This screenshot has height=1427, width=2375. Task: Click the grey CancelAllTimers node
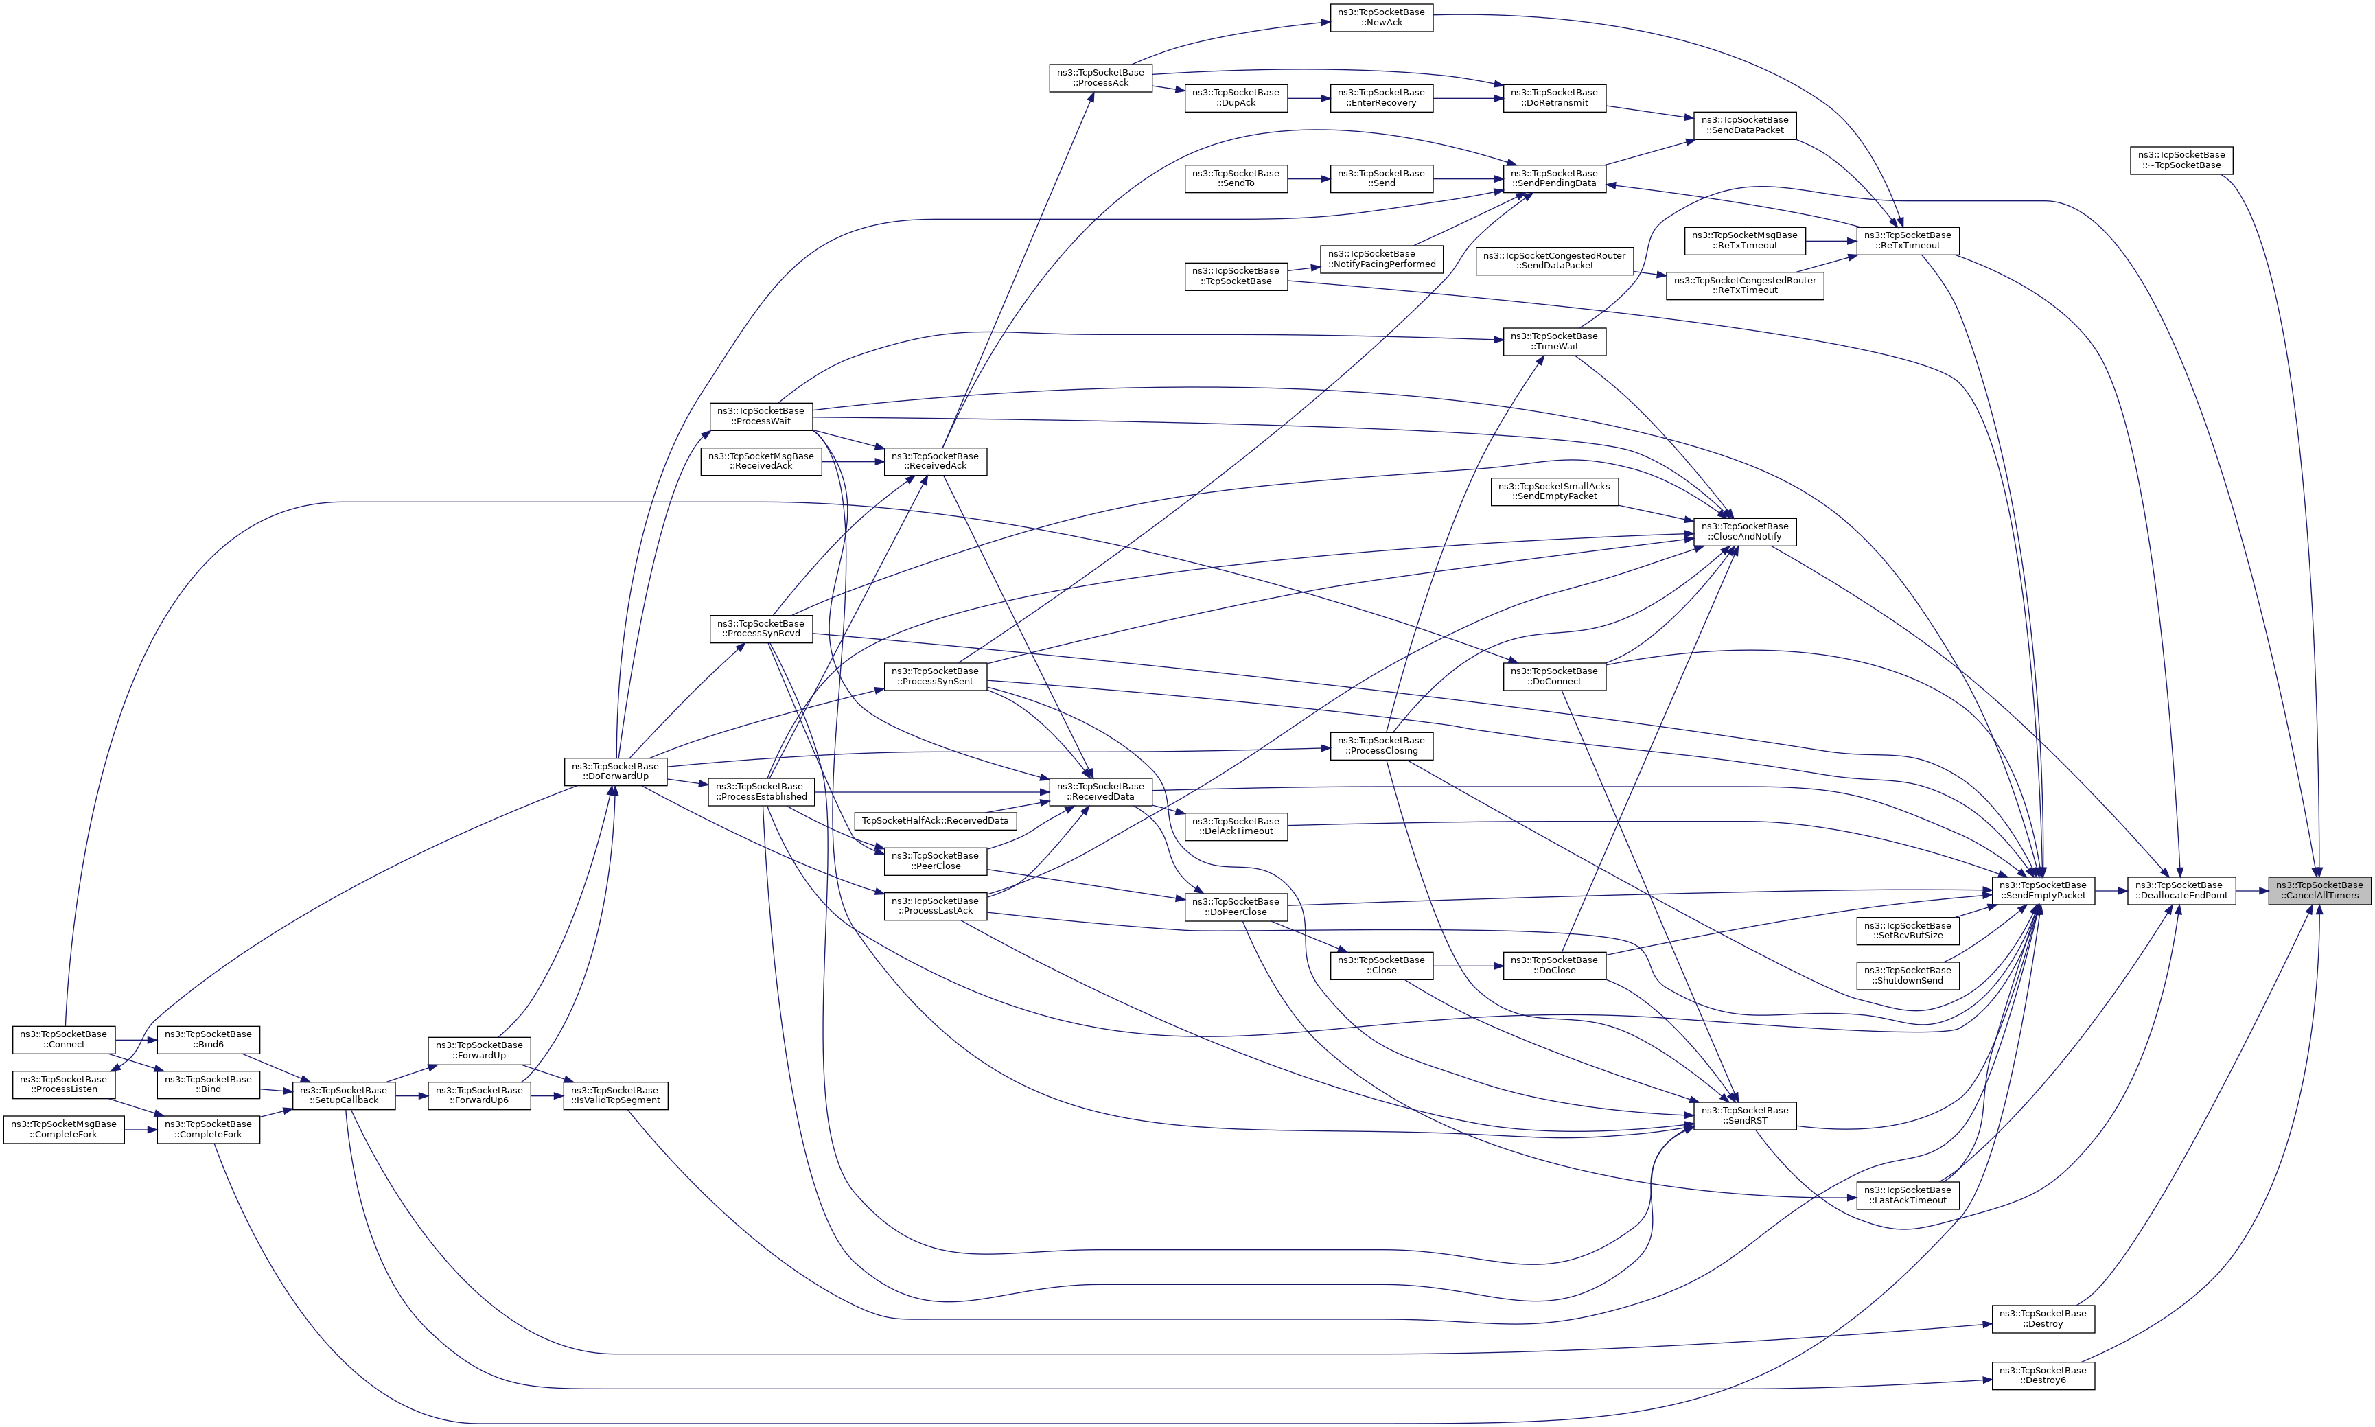[x=2318, y=890]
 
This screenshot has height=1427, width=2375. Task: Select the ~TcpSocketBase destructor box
[x=2181, y=160]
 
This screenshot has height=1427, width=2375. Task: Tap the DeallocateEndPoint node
[x=2181, y=890]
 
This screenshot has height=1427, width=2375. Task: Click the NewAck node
[x=1381, y=16]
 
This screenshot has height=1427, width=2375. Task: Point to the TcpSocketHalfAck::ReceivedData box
[x=936, y=820]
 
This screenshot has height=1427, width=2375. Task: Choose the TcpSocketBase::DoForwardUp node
[x=616, y=771]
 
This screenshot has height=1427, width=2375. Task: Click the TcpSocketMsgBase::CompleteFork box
[x=63, y=1129]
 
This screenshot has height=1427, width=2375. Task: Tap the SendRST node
[x=1744, y=1115]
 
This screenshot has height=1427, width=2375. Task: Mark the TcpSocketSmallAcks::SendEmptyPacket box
[x=1554, y=491]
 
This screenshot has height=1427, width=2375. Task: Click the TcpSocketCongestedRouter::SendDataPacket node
[x=1554, y=261]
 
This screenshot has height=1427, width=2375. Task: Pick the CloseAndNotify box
[x=1744, y=532]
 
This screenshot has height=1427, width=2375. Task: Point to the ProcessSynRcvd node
[x=761, y=629]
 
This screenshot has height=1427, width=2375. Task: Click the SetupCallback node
[x=343, y=1095]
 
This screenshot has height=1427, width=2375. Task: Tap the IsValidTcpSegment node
[x=616, y=1095]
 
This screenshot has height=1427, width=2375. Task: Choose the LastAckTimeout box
[x=1908, y=1195]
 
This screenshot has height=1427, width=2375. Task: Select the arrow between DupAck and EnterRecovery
[x=1309, y=98]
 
